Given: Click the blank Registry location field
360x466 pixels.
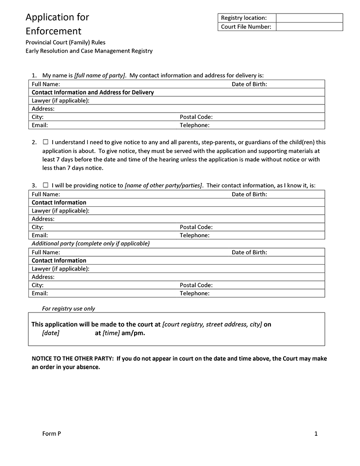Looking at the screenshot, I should [x=309, y=18].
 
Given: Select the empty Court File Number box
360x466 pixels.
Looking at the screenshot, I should [x=309, y=27].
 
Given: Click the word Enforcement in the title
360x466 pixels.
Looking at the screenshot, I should [x=54, y=31].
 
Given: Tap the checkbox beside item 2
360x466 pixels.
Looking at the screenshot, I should [x=45, y=142].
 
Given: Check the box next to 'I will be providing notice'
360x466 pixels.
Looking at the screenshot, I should [x=45, y=185].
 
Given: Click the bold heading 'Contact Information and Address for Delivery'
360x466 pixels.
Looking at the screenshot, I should [x=93, y=92].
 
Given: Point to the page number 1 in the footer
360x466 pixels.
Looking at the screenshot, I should [x=316, y=434].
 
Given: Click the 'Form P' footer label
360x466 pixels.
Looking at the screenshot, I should [x=51, y=434].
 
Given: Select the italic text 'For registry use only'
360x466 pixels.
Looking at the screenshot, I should [x=68, y=308].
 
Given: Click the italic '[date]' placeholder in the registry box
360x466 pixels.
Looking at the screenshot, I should [x=50, y=334].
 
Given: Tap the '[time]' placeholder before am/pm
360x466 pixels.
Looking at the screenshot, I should [x=111, y=334].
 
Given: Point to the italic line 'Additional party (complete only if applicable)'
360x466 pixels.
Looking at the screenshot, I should [x=90, y=244].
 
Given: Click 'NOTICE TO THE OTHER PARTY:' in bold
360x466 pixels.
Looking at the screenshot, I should [x=73, y=359].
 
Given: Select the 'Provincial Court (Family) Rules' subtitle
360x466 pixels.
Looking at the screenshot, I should [x=66, y=42].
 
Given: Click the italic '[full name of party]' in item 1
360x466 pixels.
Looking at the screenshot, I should [x=100, y=75].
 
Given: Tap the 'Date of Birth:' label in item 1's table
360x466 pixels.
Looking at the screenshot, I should [x=249, y=84].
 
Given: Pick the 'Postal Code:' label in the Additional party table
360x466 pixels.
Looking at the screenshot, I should [x=196, y=285].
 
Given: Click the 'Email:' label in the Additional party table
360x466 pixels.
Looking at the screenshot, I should [x=40, y=293].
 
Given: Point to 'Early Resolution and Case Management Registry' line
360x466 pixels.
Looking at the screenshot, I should [x=89, y=51].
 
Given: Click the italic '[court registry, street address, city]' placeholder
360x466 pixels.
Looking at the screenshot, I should [x=212, y=324].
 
